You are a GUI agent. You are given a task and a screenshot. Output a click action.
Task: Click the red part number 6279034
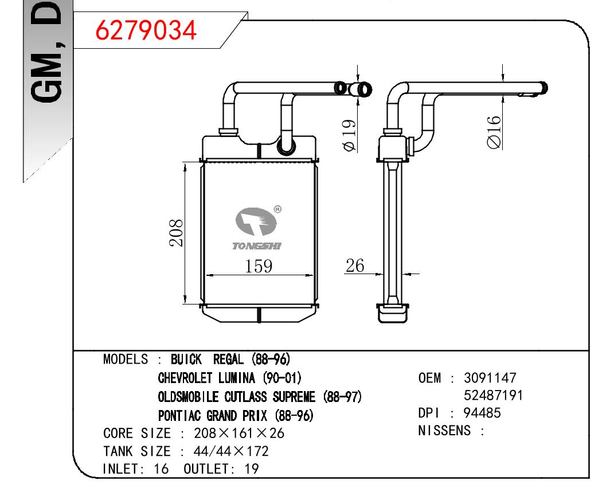tap(146, 30)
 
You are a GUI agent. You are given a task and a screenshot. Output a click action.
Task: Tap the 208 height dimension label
tap(176, 233)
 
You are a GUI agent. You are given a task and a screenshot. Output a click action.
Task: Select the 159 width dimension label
tap(259, 266)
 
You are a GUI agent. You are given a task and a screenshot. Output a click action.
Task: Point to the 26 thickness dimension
tap(355, 266)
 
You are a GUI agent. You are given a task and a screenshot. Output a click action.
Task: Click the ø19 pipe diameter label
tap(349, 135)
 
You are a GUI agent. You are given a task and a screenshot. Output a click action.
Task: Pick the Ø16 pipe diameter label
tap(494, 132)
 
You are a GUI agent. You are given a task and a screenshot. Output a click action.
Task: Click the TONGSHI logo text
tap(257, 246)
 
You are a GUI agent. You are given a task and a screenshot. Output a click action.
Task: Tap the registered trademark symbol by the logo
tap(277, 209)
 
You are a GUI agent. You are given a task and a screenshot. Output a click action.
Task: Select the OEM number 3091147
tap(490, 378)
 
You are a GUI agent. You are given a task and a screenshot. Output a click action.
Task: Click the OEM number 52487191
tap(494, 396)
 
